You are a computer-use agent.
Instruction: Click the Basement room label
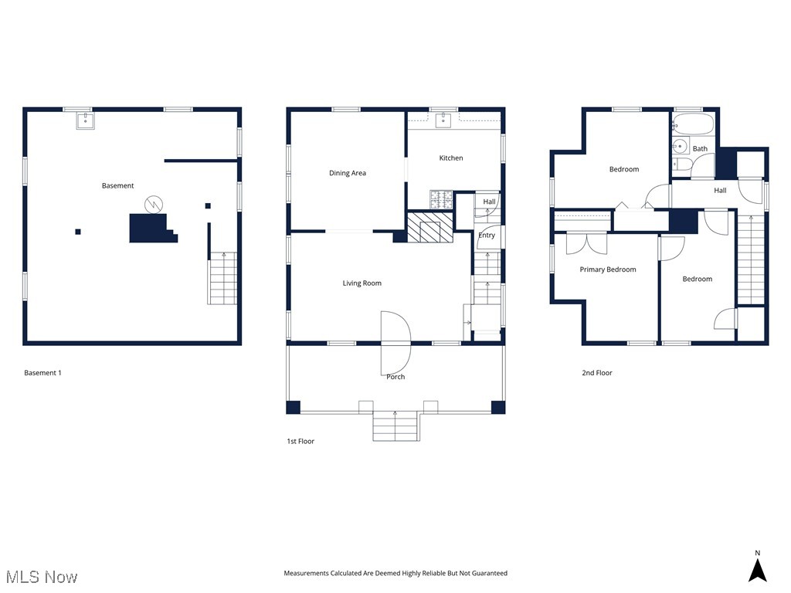click(x=117, y=185)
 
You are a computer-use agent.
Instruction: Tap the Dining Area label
click(x=347, y=173)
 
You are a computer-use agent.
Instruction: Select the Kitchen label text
click(x=451, y=158)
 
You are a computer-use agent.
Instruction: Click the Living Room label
click(x=362, y=283)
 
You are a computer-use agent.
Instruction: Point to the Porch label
click(x=395, y=377)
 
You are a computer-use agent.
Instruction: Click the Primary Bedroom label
click(x=608, y=269)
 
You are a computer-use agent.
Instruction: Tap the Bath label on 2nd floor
click(x=700, y=148)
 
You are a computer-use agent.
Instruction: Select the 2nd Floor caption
click(x=596, y=373)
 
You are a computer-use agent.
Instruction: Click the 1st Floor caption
click(x=300, y=442)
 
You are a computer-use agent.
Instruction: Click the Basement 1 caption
click(x=42, y=373)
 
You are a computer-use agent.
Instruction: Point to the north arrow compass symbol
click(x=757, y=569)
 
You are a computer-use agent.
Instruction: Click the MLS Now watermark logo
click(x=42, y=577)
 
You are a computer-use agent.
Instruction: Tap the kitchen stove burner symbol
click(x=441, y=200)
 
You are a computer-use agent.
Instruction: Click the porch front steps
click(x=395, y=426)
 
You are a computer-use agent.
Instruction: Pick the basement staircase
click(x=222, y=279)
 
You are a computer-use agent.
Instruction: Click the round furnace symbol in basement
click(x=154, y=205)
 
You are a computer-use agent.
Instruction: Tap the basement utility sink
click(x=85, y=120)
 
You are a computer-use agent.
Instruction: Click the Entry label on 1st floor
click(x=487, y=236)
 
